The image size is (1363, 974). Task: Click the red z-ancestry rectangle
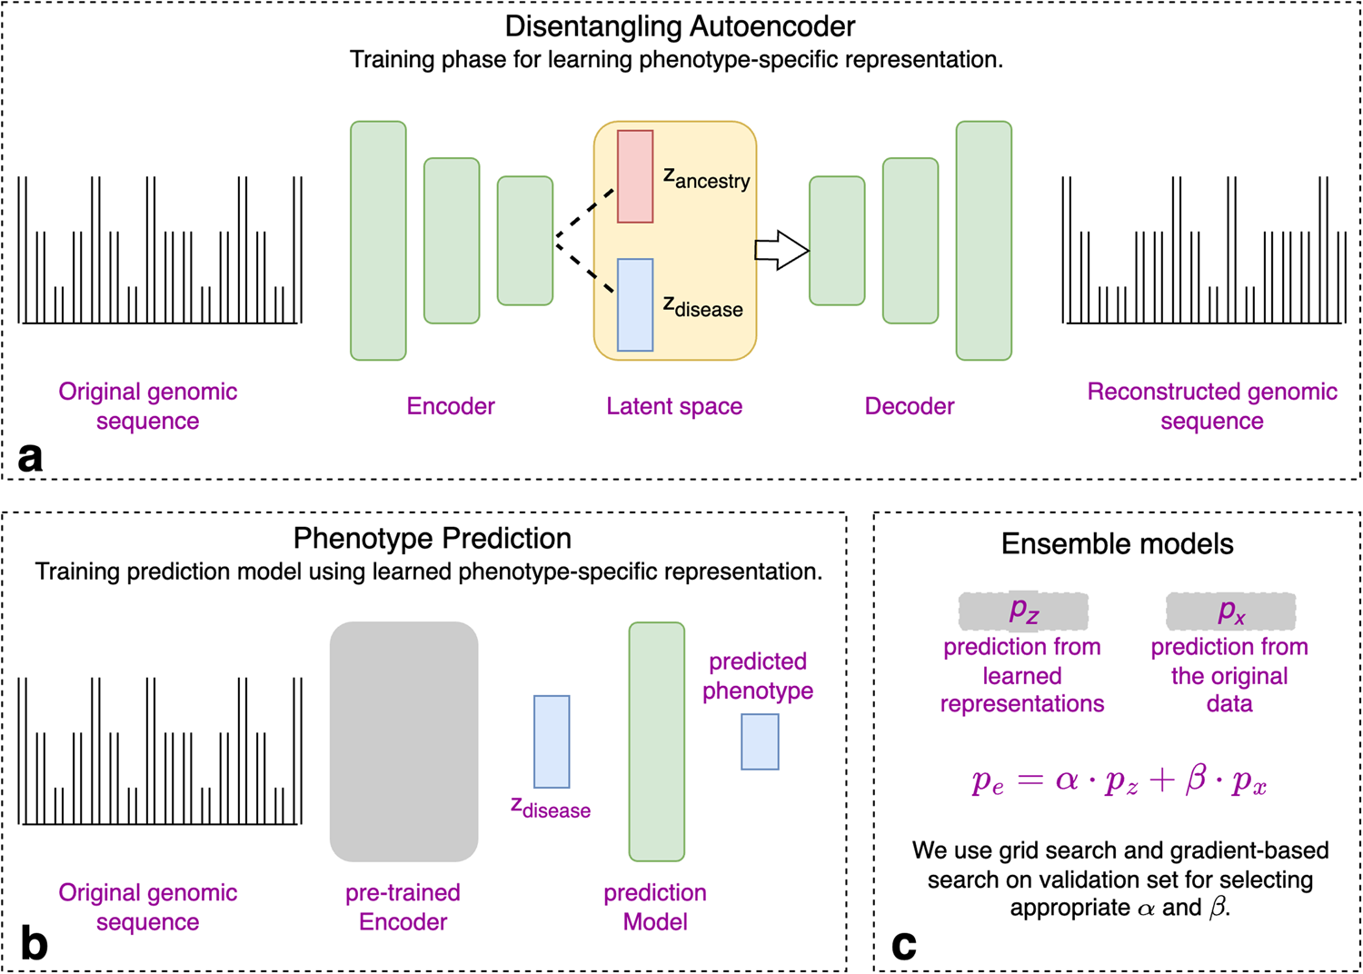635,176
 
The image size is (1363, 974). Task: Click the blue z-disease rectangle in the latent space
635,305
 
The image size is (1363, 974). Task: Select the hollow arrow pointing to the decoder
781,251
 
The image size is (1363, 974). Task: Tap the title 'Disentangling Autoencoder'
680,26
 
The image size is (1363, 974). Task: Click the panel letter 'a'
30,456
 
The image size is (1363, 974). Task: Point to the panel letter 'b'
34,944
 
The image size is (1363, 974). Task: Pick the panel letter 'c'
903,945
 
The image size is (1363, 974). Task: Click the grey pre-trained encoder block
403,741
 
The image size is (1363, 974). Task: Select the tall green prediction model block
656,741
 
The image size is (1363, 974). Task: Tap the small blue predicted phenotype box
760,741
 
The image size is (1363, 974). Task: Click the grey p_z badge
1023,611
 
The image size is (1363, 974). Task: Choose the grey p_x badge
1230,611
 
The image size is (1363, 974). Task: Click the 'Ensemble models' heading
1117,544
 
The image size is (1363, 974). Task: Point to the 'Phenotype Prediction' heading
432,539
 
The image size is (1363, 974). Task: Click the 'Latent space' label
674,406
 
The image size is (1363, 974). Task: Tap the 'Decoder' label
909,406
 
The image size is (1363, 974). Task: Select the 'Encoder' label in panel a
451,406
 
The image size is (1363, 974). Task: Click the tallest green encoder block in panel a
378,241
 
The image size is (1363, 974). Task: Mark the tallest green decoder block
983,241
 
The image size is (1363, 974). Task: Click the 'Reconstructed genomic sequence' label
1211,406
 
